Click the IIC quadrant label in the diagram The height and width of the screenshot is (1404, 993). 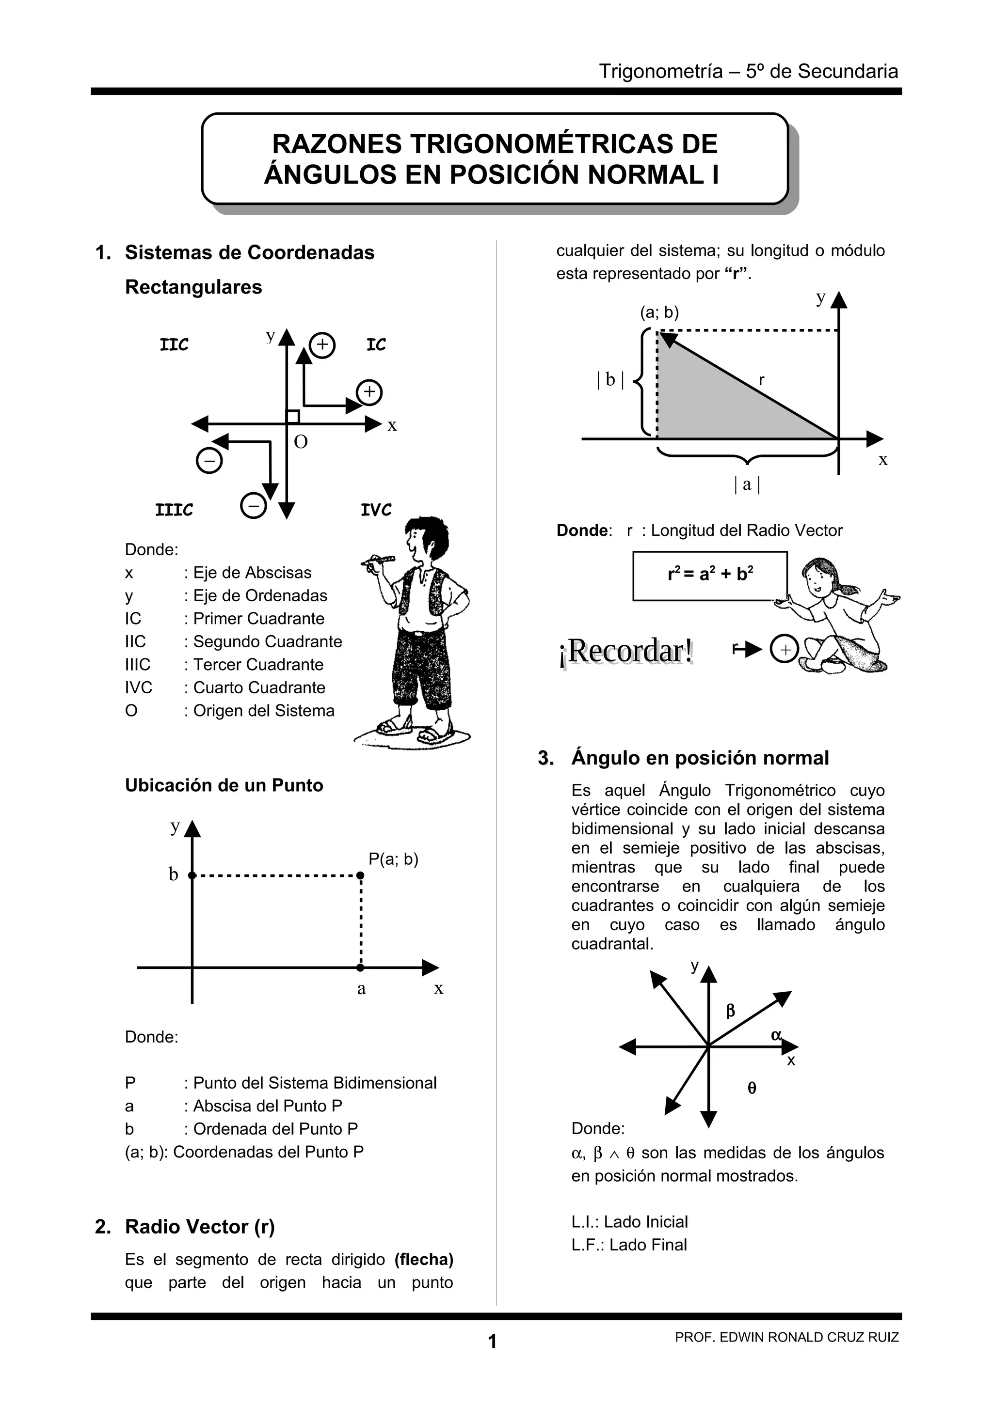click(175, 345)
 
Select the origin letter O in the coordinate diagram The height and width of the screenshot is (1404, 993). click(301, 441)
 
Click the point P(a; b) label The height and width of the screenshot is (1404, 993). click(393, 859)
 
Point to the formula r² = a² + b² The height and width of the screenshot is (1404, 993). click(710, 575)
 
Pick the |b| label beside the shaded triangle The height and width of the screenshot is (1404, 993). click(610, 380)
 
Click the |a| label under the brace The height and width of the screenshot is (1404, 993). click(746, 484)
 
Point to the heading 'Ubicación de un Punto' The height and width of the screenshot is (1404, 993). click(224, 785)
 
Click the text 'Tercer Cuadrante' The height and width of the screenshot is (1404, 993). click(258, 665)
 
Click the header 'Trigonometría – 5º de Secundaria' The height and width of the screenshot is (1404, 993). click(748, 72)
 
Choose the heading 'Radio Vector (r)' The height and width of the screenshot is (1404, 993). click(199, 1227)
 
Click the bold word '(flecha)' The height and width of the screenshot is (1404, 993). click(423, 1260)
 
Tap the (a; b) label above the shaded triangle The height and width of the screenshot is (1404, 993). click(659, 312)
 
